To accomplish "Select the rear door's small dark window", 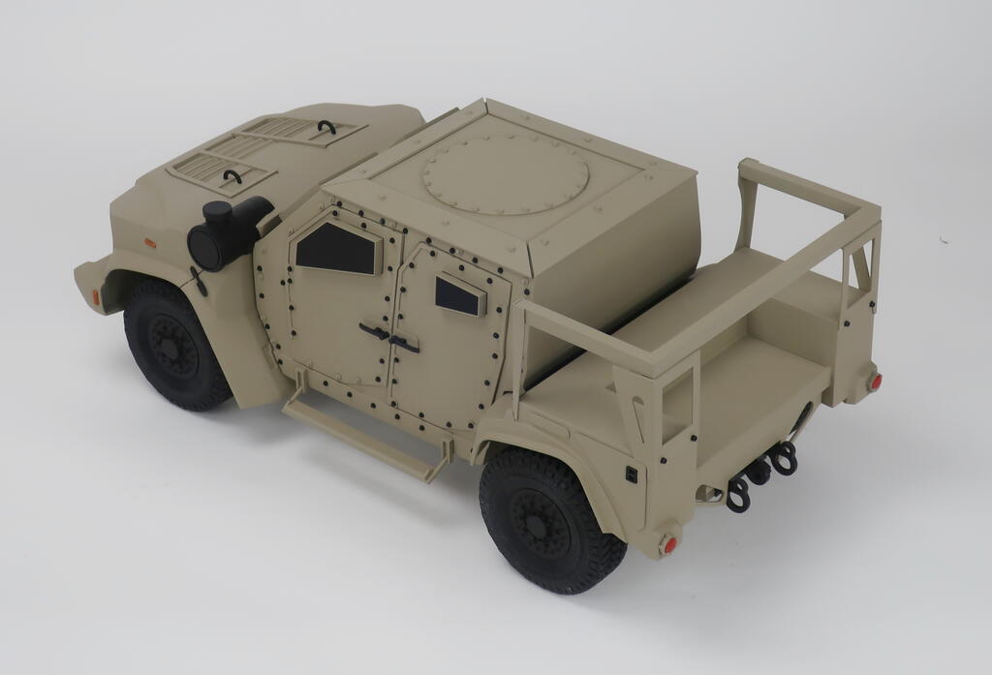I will point(458,294).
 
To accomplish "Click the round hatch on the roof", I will point(505,172).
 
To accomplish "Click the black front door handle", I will point(374,331).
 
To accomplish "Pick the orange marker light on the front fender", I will point(150,242).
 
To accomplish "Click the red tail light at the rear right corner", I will point(876,382).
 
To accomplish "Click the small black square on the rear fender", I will point(631,474).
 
